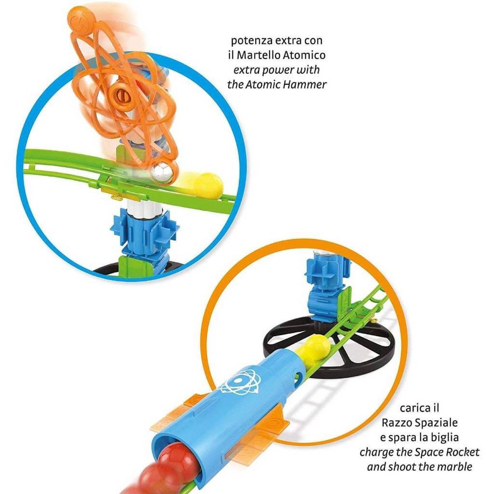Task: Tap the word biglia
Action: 445,437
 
